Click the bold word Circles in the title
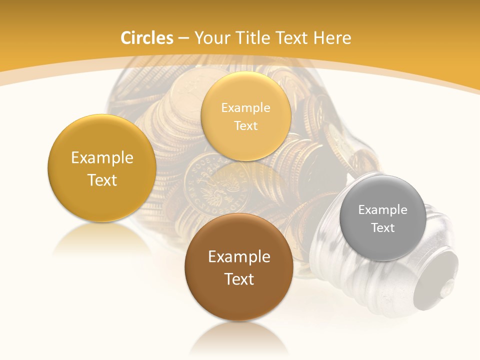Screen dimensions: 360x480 [147, 38]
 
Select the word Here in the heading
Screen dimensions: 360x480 [332, 38]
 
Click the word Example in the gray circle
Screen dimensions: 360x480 [382, 210]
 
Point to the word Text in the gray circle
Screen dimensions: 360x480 [382, 228]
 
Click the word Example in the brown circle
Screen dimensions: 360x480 [239, 257]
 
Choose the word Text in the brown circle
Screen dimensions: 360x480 [239, 279]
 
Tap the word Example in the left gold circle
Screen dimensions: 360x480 [102, 158]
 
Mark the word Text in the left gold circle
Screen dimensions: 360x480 [102, 180]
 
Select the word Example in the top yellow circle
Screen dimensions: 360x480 [245, 108]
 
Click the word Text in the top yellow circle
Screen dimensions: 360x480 [245, 126]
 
